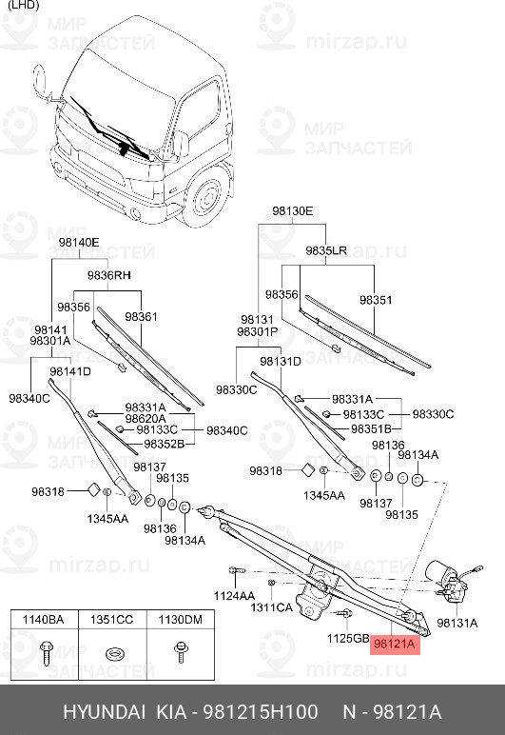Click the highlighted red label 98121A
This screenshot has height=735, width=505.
(x=395, y=645)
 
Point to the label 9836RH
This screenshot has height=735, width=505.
(x=108, y=275)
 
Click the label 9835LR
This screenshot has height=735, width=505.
(x=325, y=250)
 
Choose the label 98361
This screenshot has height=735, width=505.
(x=141, y=316)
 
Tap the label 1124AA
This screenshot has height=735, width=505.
(x=234, y=595)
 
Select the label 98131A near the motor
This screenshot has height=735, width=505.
(x=456, y=624)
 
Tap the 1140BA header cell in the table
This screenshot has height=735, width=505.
(x=42, y=621)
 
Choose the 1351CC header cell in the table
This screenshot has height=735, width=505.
(x=112, y=621)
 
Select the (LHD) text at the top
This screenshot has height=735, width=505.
(x=22, y=7)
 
